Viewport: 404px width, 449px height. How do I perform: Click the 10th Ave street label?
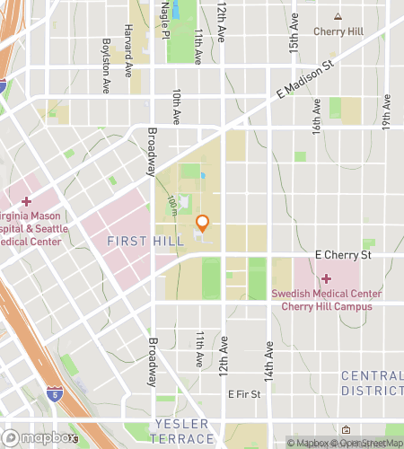(x=177, y=104)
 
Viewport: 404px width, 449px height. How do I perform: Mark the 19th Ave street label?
(x=386, y=113)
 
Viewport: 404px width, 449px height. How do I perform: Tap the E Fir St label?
(x=243, y=393)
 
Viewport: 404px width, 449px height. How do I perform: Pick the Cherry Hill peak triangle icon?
(x=338, y=16)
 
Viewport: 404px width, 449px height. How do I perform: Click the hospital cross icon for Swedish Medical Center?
(x=327, y=279)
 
